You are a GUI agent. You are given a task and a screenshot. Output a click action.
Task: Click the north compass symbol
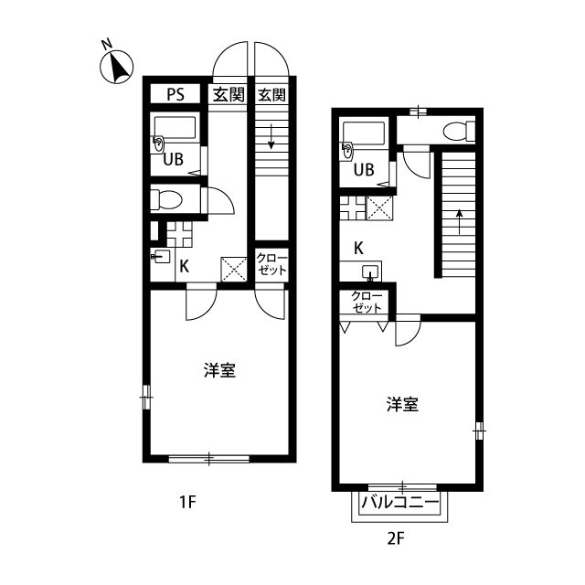coord(116,67)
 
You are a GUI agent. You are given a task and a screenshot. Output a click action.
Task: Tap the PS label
coord(175,94)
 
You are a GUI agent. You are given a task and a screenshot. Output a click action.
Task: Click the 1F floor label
coord(187,502)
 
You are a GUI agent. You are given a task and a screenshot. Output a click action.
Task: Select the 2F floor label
coord(396,538)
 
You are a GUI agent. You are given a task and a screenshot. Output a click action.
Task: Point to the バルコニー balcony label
coord(399,503)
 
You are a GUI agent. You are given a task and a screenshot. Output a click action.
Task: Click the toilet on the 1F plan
coord(166,199)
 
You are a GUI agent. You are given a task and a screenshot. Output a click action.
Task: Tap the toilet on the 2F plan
coord(459,131)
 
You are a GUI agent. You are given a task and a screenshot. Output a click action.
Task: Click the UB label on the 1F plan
coord(174,159)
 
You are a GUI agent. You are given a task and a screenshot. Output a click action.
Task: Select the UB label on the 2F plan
coord(364,170)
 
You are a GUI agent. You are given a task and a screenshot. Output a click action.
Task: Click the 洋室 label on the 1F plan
coord(219,370)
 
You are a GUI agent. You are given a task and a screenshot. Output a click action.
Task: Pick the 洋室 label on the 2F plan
coord(402,404)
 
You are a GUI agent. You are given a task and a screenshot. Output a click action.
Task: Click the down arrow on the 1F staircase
coord(271,136)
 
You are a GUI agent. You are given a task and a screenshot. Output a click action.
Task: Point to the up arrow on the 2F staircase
coord(459,221)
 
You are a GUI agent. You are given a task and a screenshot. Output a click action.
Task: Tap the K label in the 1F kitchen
coord(185,267)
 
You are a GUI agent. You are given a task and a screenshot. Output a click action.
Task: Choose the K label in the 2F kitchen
coord(358,248)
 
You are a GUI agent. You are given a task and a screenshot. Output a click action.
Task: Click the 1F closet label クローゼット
coord(271,264)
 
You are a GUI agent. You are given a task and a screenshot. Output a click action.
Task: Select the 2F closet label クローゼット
coord(367,302)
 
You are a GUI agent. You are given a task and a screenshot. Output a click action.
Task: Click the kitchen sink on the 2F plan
coord(370,272)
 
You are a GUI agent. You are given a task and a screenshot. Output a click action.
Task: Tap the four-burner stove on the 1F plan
coord(179,234)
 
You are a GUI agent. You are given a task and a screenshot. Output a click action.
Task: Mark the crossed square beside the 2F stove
coord(379,207)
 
